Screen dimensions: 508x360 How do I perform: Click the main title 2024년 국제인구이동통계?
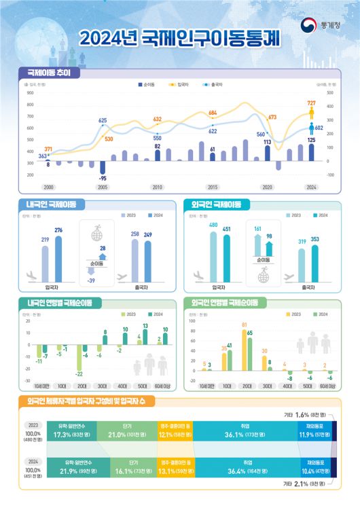pyautogui.click(x=179, y=38)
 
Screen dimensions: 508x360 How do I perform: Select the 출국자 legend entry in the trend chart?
pyautogui.click(x=215, y=85)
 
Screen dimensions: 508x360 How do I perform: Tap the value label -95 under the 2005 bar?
pyautogui.click(x=103, y=178)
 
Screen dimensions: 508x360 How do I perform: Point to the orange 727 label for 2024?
pyautogui.click(x=311, y=103)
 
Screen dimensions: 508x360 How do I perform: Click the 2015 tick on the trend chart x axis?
pyautogui.click(x=213, y=187)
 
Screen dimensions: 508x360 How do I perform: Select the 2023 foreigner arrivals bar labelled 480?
pyautogui.click(x=213, y=255)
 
